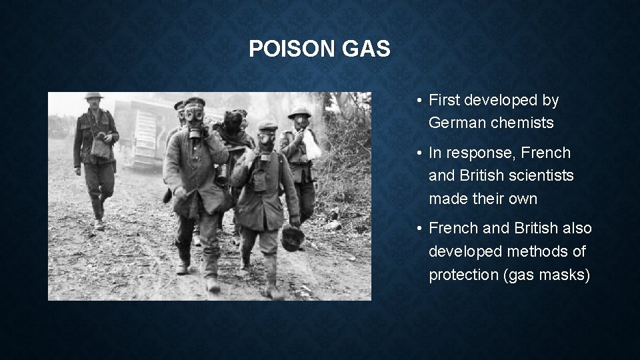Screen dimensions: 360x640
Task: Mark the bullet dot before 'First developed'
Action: tap(417, 101)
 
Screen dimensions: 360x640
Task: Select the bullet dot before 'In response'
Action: tap(417, 153)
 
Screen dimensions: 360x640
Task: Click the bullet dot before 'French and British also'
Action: tap(417, 229)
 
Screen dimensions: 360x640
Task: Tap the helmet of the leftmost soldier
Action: tap(93, 97)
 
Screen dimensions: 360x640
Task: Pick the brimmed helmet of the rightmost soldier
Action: tap(300, 112)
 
